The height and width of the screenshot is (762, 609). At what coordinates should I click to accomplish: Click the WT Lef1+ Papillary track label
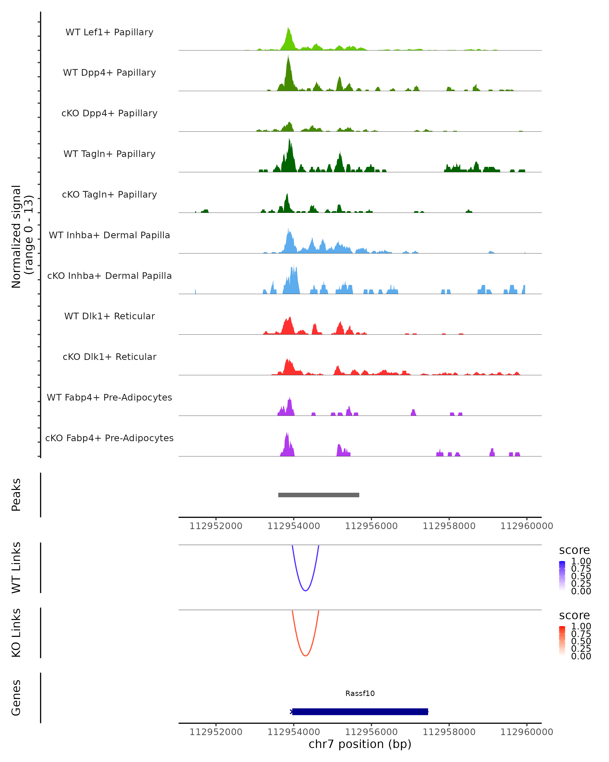pyautogui.click(x=109, y=32)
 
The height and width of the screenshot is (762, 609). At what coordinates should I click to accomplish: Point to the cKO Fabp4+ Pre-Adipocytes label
pyautogui.click(x=109, y=438)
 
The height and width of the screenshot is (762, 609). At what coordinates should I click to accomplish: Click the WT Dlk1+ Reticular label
pyautogui.click(x=109, y=316)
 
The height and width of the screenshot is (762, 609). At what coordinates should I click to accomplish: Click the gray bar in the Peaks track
pyautogui.click(x=318, y=495)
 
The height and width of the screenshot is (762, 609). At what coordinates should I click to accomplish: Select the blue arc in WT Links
pyautogui.click(x=305, y=591)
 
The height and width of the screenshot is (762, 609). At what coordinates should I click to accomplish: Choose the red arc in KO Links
pyautogui.click(x=305, y=656)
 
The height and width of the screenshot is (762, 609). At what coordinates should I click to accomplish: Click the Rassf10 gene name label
pyautogui.click(x=360, y=693)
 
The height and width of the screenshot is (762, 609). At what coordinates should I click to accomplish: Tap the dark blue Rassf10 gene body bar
pyautogui.click(x=360, y=711)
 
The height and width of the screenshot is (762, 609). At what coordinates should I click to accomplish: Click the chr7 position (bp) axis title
pyautogui.click(x=360, y=744)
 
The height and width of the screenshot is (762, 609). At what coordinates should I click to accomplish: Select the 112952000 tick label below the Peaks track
pyautogui.click(x=216, y=526)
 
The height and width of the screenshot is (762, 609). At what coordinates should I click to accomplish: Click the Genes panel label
pyautogui.click(x=16, y=698)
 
